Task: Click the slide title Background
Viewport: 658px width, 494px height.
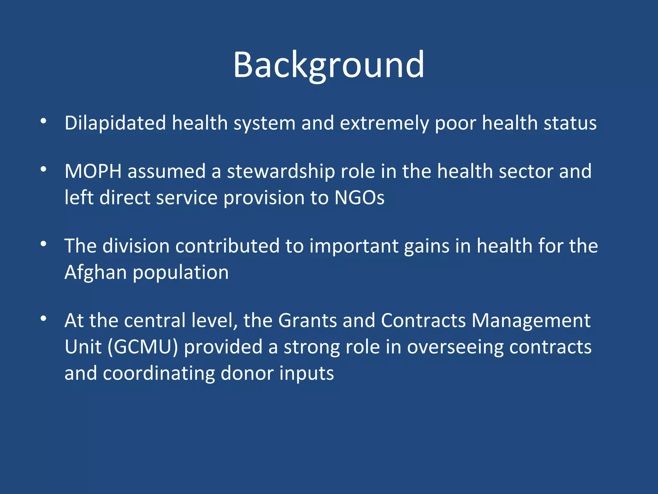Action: (x=329, y=65)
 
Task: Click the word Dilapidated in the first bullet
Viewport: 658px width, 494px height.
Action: (x=115, y=123)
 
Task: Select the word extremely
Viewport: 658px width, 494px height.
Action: (x=384, y=123)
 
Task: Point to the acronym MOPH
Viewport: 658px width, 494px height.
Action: (x=93, y=171)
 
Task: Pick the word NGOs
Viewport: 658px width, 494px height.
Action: (x=359, y=197)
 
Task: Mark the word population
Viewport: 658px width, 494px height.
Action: (x=181, y=272)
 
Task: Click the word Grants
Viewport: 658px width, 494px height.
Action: (x=307, y=321)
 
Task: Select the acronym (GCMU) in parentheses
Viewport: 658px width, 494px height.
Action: (x=143, y=347)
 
